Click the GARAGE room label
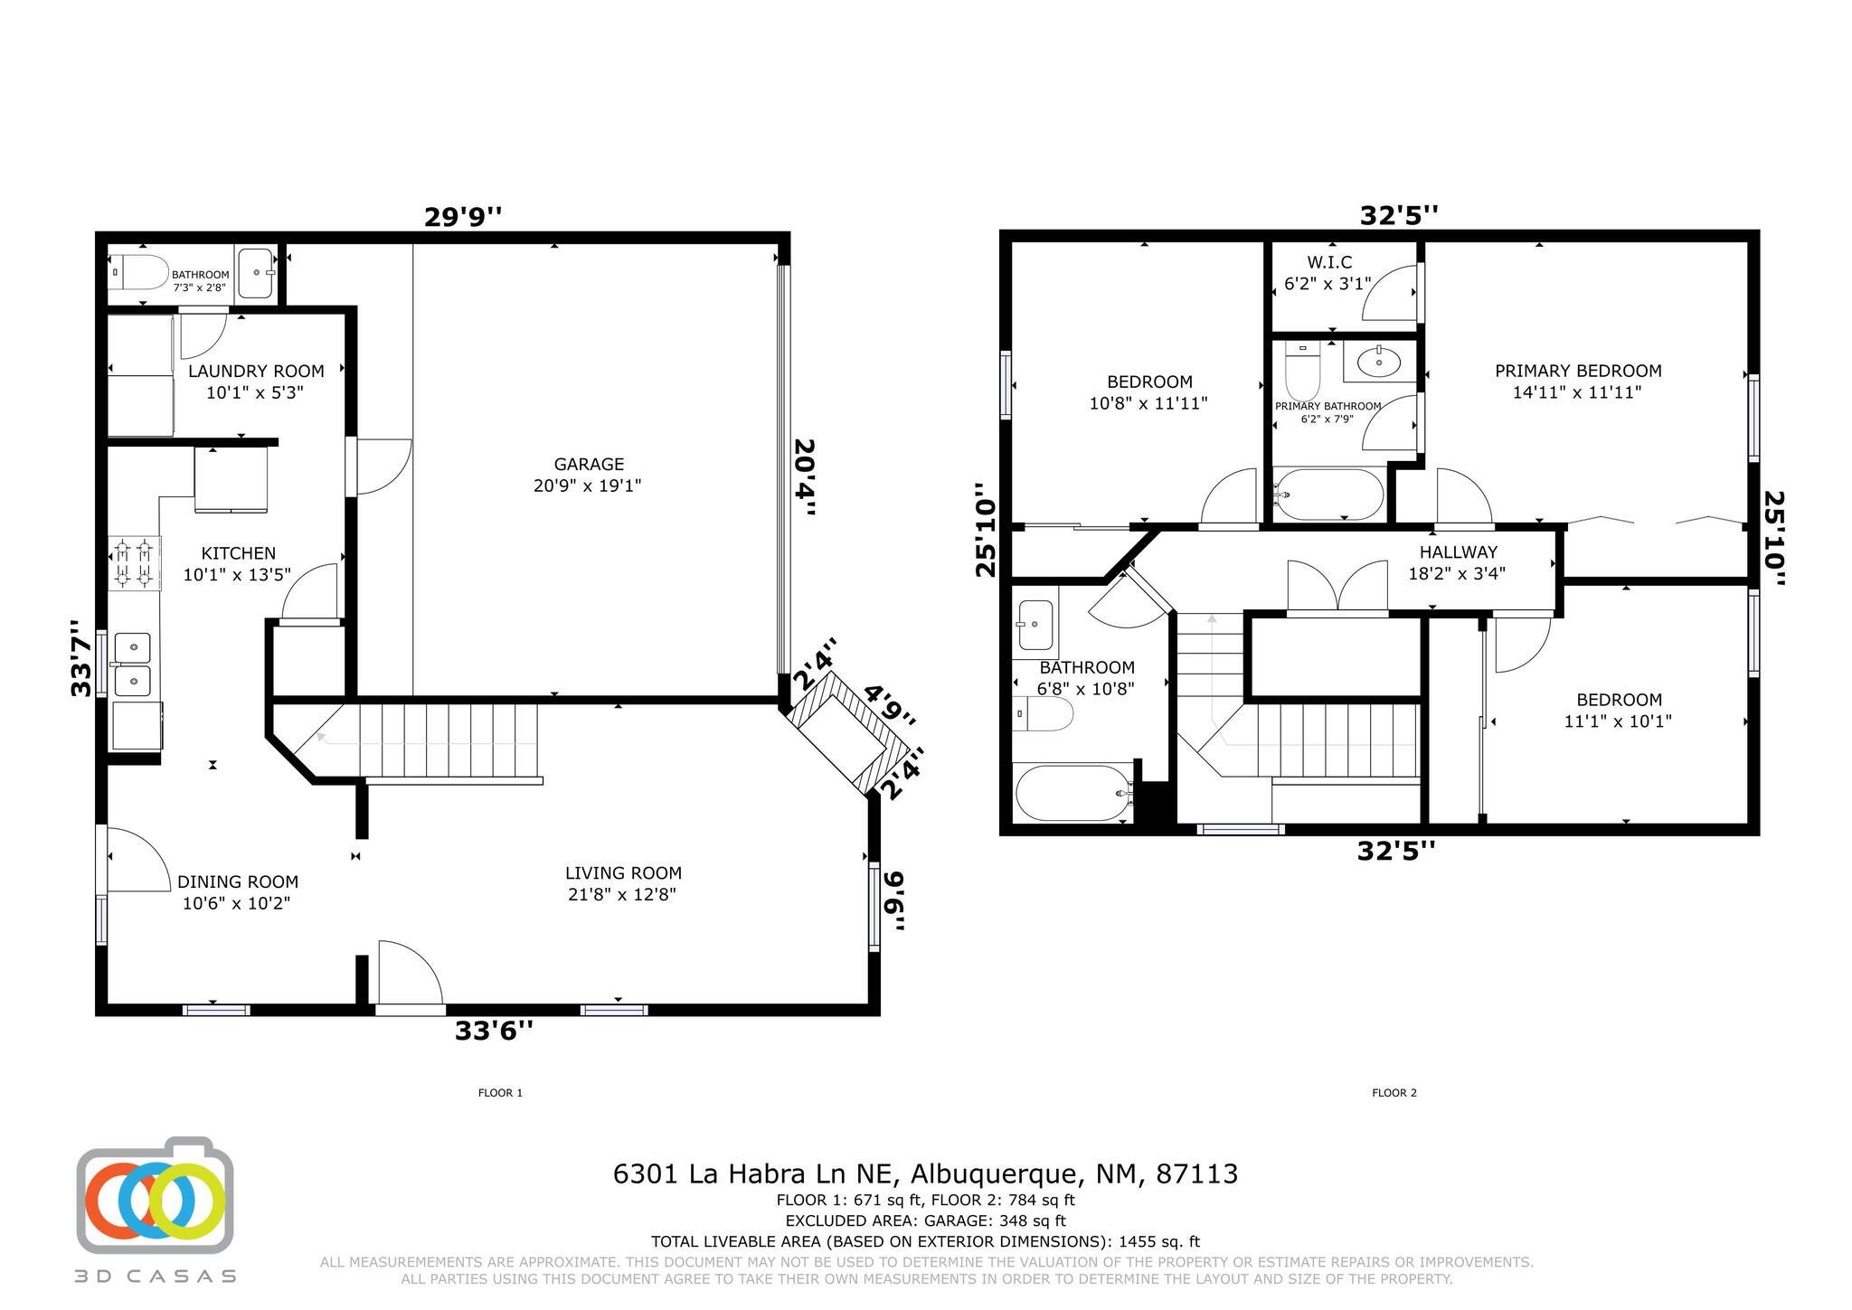coord(589,464)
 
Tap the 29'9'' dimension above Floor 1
coord(463,217)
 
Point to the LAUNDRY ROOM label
coord(256,371)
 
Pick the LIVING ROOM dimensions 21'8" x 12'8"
coord(622,895)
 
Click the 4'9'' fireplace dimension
coord(890,706)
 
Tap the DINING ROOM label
coord(237,881)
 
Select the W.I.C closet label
coord(1329,262)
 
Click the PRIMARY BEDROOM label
coord(1578,371)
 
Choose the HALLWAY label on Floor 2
coord(1458,551)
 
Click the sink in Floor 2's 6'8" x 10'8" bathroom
coord(1035,624)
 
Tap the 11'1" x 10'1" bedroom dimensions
coord(1618,721)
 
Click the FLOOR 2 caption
coord(1394,1092)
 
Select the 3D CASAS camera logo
coord(155,1197)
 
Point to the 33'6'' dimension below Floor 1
coord(494,1031)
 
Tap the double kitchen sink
coord(132,664)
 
